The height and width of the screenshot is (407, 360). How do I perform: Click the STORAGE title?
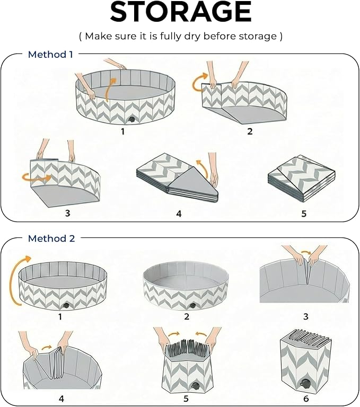[181, 12]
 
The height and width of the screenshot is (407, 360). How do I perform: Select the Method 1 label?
[50, 55]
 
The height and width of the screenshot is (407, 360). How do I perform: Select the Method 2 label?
[51, 238]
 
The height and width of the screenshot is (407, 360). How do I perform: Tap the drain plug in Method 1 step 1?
[131, 120]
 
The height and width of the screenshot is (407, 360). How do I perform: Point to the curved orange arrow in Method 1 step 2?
[199, 83]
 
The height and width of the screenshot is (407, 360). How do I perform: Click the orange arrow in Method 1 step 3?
[37, 178]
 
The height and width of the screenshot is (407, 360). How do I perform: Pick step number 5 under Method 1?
[304, 214]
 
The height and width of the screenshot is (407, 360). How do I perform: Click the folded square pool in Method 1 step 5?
[301, 179]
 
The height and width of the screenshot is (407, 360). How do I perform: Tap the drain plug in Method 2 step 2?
[192, 306]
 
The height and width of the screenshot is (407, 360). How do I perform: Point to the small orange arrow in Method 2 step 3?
[306, 252]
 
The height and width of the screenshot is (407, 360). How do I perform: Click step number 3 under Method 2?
[306, 316]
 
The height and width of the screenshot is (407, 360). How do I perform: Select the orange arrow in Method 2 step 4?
[47, 348]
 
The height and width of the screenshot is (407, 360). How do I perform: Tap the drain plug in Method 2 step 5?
[195, 385]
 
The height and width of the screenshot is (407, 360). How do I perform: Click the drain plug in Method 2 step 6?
[304, 383]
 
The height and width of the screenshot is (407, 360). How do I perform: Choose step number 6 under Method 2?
[306, 399]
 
